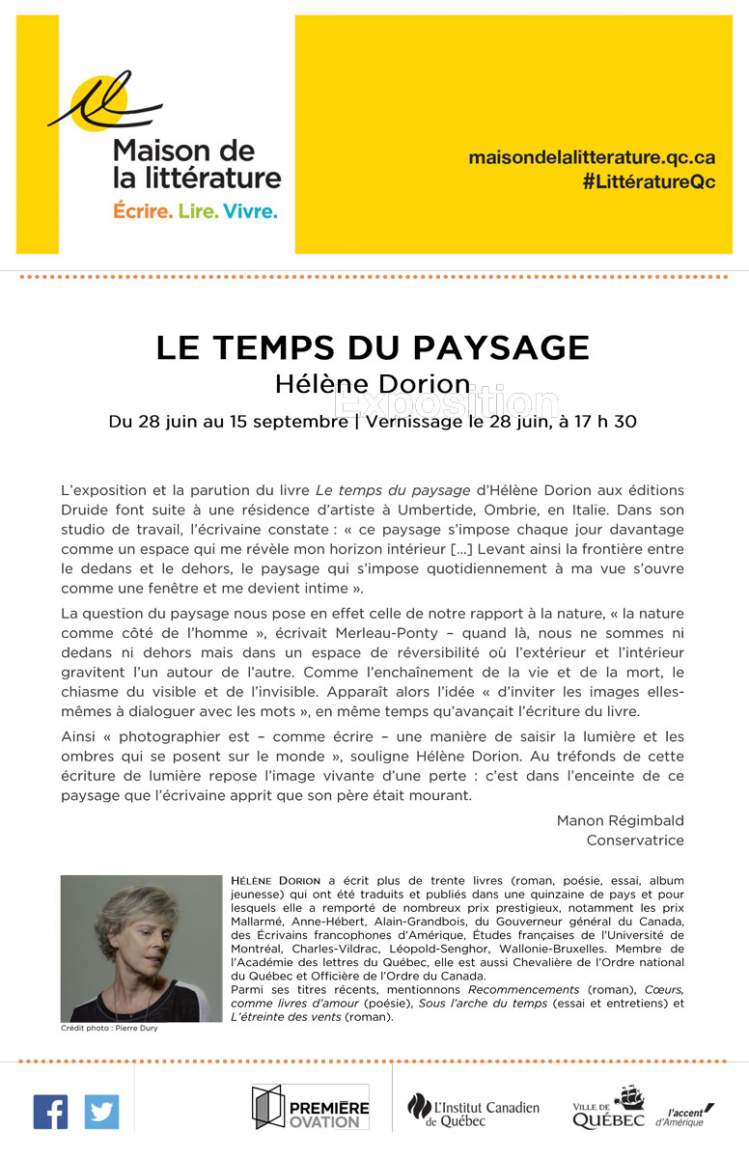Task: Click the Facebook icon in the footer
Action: [x=50, y=1112]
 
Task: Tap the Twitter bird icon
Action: [x=101, y=1112]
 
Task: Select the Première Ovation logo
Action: [x=310, y=1108]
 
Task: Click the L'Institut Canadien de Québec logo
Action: [x=473, y=1110]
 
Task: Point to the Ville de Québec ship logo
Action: [x=609, y=1108]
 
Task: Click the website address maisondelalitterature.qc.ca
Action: [x=592, y=157]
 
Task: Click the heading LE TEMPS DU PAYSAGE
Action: [x=373, y=347]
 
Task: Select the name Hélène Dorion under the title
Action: [x=373, y=383]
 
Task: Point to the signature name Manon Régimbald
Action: [x=620, y=820]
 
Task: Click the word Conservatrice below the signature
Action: [x=635, y=840]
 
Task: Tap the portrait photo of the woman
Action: [x=141, y=948]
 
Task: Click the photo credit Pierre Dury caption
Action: [x=108, y=1029]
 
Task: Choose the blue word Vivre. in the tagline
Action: [x=250, y=210]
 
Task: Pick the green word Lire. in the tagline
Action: [x=198, y=210]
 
